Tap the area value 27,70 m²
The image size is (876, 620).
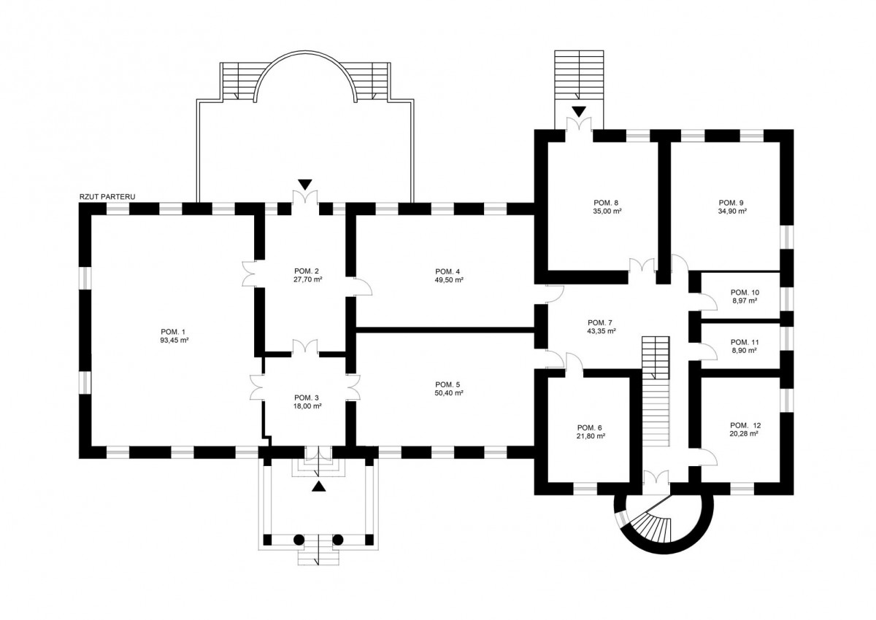tap(304, 279)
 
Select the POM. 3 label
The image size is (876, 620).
tap(307, 398)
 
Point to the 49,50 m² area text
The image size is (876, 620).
tap(449, 279)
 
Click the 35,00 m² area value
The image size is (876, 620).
tap(607, 211)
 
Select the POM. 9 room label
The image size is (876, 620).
tap(731, 202)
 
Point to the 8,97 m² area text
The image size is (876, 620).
tap(745, 301)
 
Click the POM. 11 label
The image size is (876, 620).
tap(745, 341)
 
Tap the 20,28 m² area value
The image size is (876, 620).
tap(745, 434)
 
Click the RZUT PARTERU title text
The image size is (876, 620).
tap(109, 196)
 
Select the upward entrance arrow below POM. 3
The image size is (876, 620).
tap(318, 487)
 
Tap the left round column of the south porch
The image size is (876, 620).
tap(299, 540)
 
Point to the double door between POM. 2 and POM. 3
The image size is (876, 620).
tap(304, 346)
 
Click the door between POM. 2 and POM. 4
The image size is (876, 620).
tap(361, 286)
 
